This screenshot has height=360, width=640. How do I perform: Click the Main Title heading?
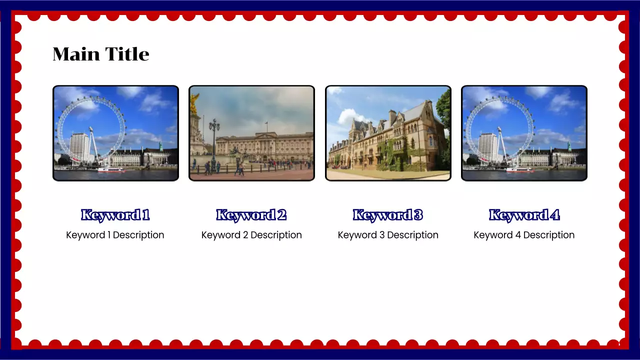click(101, 54)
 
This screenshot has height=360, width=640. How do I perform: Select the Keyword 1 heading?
click(115, 215)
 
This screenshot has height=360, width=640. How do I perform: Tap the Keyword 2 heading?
click(251, 215)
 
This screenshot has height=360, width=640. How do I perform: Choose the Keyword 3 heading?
click(388, 215)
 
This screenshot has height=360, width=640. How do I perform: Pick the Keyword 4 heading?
click(524, 215)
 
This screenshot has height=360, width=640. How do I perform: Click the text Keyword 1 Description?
click(115, 235)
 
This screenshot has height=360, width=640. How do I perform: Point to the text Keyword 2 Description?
click(251, 235)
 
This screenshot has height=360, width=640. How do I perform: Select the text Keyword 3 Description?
click(388, 235)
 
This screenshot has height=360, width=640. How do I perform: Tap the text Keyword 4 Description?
click(524, 235)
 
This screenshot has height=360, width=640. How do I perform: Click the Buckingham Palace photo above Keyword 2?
click(251, 133)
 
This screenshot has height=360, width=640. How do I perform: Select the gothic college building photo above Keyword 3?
click(388, 133)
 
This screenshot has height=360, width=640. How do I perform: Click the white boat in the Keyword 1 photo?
click(111, 170)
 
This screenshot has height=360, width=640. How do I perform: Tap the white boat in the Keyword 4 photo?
click(519, 170)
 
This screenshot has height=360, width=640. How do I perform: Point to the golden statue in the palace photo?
click(194, 103)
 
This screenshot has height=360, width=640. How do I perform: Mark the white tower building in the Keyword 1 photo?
click(79, 145)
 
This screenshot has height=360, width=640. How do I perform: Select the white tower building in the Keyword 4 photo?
click(488, 145)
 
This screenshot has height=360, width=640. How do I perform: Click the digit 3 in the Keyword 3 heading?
click(418, 215)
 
